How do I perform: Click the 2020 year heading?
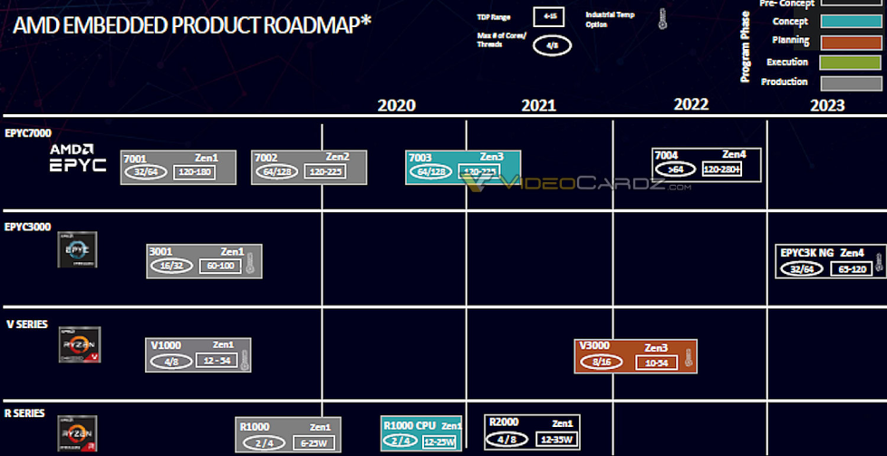(x=396, y=105)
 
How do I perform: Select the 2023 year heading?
(x=827, y=105)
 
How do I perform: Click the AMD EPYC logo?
(x=78, y=158)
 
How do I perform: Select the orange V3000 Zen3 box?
(x=635, y=355)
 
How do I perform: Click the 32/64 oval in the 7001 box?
(x=145, y=171)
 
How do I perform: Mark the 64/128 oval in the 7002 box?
(x=275, y=171)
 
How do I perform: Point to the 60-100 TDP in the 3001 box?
(x=219, y=266)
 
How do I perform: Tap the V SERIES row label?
(x=27, y=324)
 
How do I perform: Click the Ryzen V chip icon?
(x=79, y=345)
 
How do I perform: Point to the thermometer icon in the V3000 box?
(x=688, y=360)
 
